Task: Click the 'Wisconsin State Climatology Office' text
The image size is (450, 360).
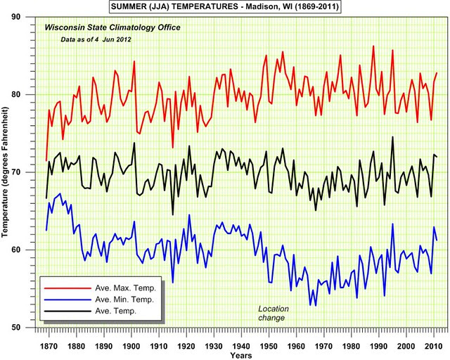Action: point(112,27)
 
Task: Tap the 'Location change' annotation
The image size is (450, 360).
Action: point(273,313)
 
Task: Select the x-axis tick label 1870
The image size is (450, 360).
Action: point(49,346)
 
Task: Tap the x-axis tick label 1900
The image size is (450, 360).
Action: point(131,346)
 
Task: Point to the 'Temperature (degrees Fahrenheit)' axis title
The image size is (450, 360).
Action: point(8,172)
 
